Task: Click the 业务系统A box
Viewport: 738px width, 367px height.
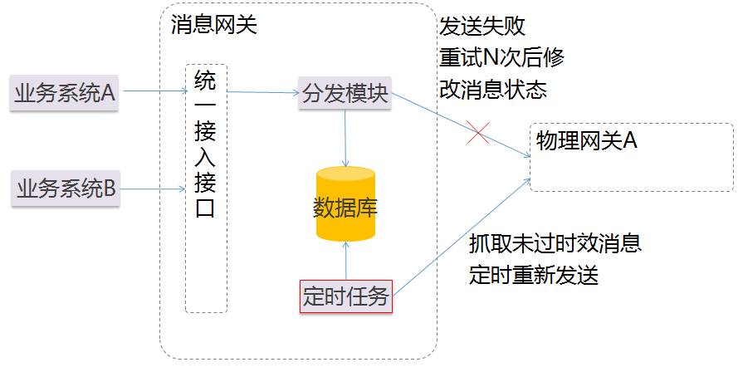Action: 65,92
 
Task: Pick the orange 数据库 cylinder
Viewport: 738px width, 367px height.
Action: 345,205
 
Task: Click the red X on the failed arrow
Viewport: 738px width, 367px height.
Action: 477,133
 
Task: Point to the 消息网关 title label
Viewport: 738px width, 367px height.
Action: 213,25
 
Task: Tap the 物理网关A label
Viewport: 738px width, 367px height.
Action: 586,140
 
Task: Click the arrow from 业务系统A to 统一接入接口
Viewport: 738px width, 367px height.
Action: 152,91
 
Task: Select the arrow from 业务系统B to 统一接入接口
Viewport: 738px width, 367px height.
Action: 152,189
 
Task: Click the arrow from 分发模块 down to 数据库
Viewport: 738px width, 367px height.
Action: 345,137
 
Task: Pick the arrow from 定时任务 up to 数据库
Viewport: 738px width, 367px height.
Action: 345,260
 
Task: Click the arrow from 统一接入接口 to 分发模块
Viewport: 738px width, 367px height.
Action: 262,92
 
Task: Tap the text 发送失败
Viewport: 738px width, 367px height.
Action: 482,27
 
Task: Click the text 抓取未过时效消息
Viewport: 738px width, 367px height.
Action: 555,244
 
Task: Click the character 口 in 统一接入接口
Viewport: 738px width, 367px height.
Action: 205,208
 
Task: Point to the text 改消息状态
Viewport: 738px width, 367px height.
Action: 493,90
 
